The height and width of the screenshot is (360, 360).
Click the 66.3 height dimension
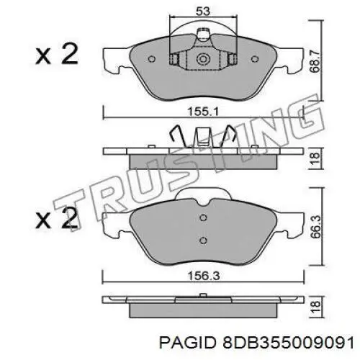[x=312, y=227]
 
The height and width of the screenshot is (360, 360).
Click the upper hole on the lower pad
[x=202, y=218]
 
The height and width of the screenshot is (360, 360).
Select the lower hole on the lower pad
[x=202, y=240]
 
